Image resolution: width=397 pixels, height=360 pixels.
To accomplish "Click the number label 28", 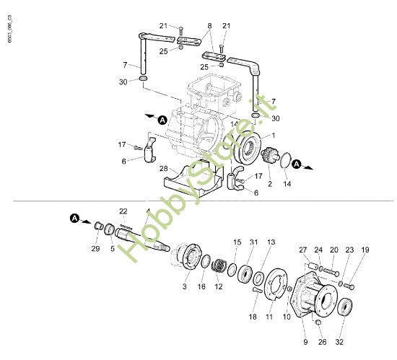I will coord(165,168).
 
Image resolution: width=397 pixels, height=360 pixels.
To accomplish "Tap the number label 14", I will coord(288,185).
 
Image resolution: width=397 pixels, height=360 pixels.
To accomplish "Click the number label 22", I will coord(123,211).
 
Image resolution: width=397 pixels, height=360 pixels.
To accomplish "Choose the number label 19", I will coord(365,250).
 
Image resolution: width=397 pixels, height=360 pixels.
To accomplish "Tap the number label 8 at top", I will coord(210,25).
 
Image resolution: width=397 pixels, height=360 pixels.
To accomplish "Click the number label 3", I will coord(185,287).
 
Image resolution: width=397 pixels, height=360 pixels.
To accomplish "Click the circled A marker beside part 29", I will coord(75,217).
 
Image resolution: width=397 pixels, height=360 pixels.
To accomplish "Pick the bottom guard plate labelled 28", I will coord(192,180).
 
